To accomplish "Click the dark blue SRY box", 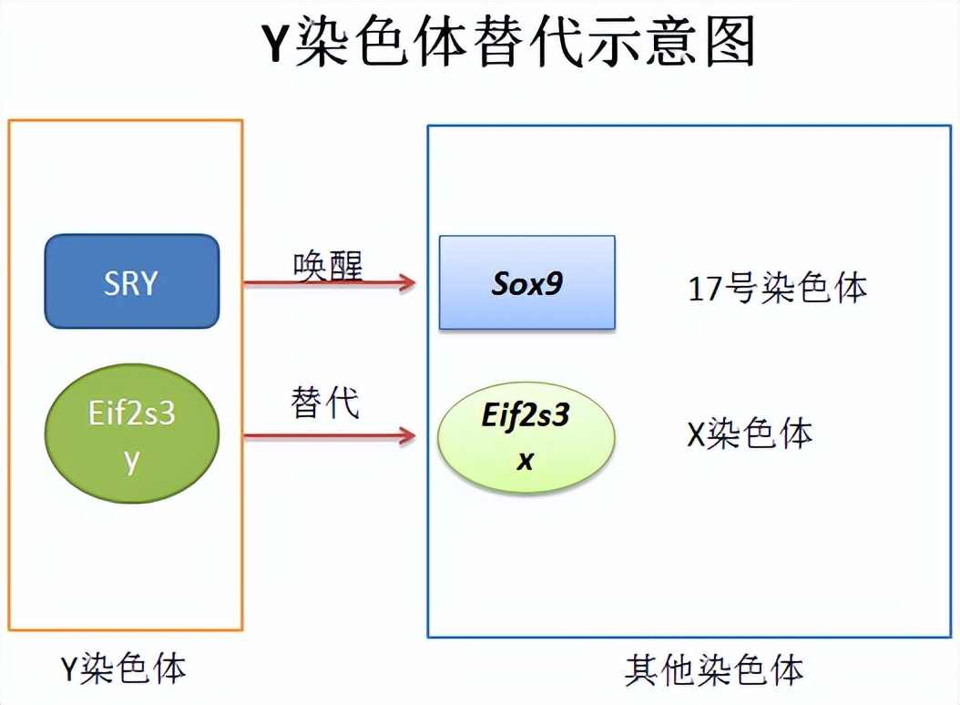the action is click(x=132, y=281).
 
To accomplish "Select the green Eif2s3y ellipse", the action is click(x=132, y=434).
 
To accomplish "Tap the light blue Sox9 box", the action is click(x=527, y=282).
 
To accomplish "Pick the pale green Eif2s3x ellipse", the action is click(x=526, y=436).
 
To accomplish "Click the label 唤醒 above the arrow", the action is click(x=328, y=266).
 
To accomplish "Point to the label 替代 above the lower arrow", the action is click(x=324, y=403).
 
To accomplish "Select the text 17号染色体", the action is click(x=778, y=288).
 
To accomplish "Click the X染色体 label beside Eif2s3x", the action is click(x=750, y=434).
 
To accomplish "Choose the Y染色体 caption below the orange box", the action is click(x=123, y=669).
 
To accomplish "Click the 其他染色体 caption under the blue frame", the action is click(x=714, y=670).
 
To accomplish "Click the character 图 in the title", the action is click(x=730, y=41).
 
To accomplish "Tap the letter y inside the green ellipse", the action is click(x=132, y=461).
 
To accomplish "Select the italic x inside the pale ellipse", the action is click(x=526, y=461).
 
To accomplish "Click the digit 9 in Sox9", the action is click(x=554, y=283).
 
